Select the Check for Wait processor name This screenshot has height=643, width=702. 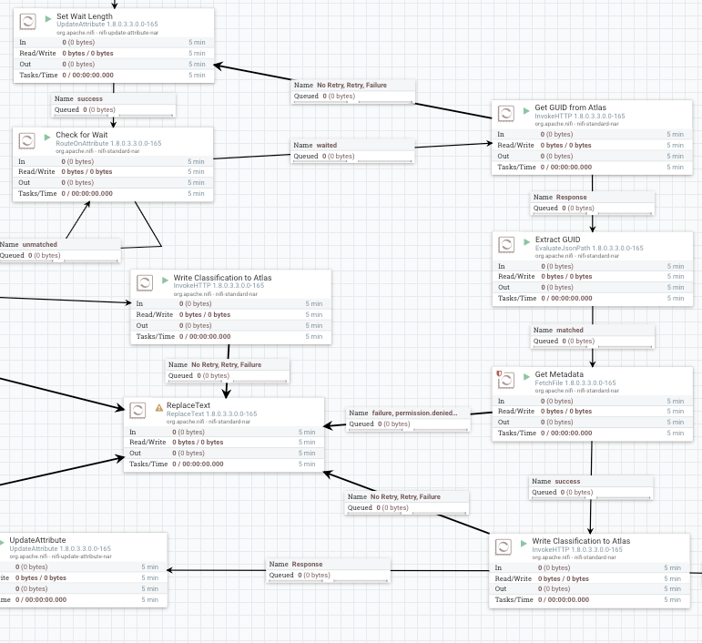point(82,135)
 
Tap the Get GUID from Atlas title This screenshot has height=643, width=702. point(570,107)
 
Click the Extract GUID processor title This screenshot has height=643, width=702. point(557,240)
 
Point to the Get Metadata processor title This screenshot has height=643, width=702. point(560,373)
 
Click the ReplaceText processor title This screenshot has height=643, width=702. point(190,405)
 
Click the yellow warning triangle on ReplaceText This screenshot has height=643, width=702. point(159,406)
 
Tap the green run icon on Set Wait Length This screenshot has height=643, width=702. point(48,17)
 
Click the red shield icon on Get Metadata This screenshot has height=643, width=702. point(498,373)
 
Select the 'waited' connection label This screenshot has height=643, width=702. point(327,145)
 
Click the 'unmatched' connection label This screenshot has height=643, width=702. point(40,244)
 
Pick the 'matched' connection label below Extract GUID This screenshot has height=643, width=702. point(571,330)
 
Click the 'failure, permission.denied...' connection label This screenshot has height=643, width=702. point(421,413)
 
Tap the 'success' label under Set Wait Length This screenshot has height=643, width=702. point(90,98)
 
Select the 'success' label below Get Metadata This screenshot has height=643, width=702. point(567,481)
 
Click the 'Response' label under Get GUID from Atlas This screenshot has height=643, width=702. point(572,197)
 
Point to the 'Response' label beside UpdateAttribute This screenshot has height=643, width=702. point(307,564)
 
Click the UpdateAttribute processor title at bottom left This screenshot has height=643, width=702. point(43,540)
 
